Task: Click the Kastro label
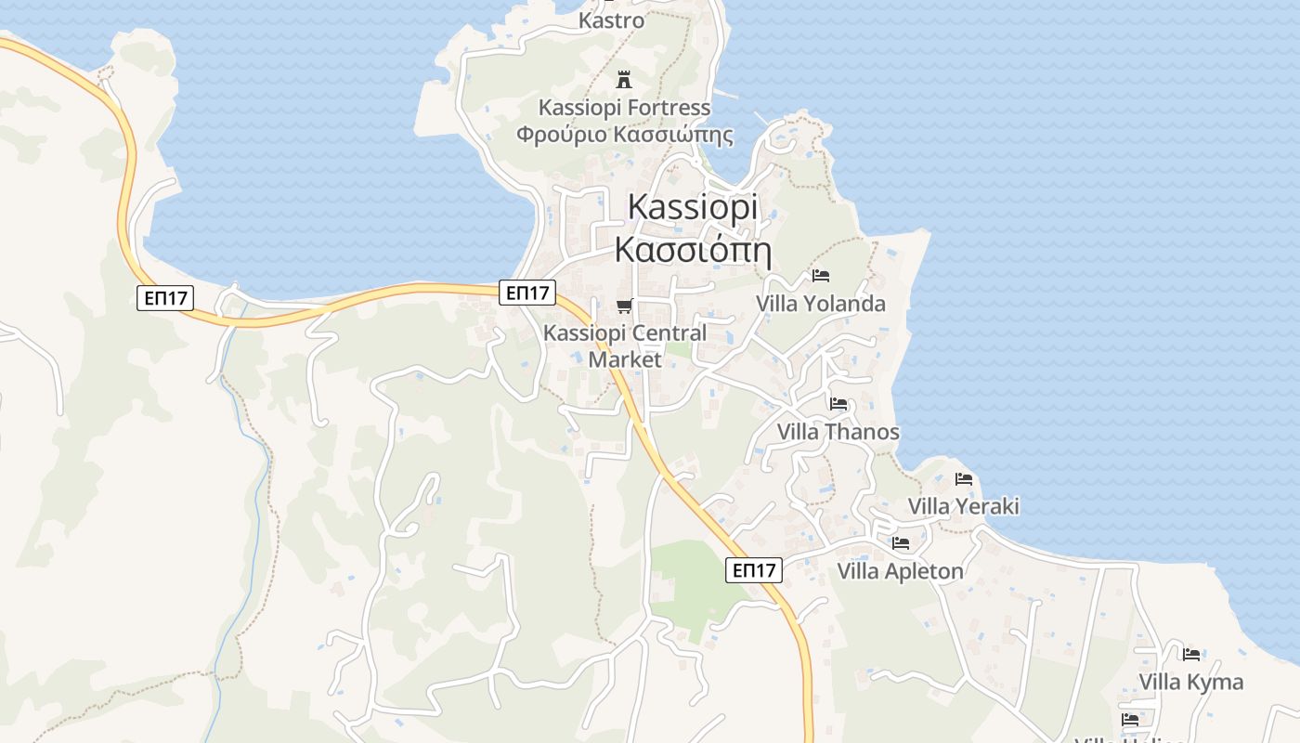coord(611,20)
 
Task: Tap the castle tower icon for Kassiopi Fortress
coord(624,79)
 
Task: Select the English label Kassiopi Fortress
coord(624,109)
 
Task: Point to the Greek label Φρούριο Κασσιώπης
coord(624,135)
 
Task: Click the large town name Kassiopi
coord(693,207)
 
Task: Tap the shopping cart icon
coord(625,306)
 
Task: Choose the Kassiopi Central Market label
coord(625,345)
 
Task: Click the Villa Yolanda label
coord(821,304)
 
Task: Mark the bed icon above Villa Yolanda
coord(821,276)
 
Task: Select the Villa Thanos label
coord(838,432)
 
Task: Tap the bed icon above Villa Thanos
coord(838,404)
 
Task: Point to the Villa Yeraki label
coord(964,506)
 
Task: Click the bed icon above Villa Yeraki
coord(964,479)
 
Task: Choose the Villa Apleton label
coord(901,571)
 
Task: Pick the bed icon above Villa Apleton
coord(901,543)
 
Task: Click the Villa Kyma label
coord(1191,682)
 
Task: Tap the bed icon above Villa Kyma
coord(1191,654)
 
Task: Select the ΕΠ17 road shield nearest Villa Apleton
coord(754,570)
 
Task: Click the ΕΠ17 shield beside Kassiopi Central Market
coord(527,293)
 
